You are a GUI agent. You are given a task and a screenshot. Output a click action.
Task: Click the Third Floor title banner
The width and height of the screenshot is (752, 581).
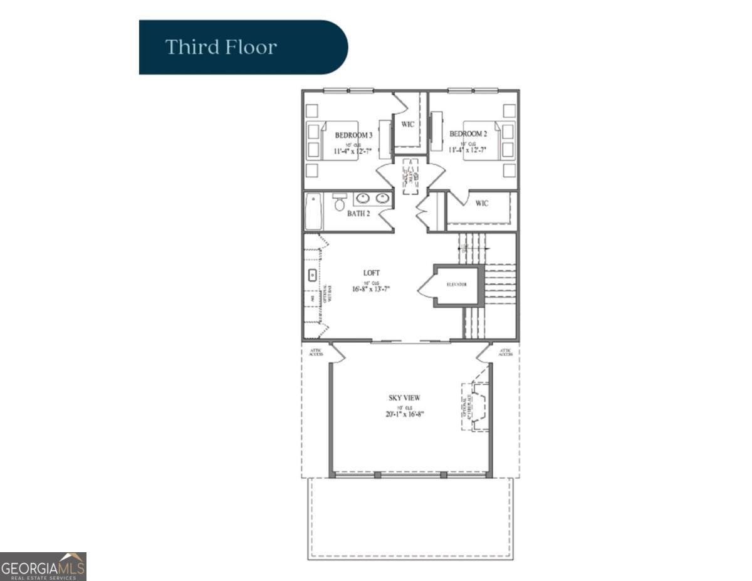tap(243, 47)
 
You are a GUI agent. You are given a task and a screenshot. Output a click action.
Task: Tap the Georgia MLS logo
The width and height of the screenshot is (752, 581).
tap(43, 567)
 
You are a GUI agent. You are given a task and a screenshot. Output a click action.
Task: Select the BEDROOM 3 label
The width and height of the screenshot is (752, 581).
tap(353, 135)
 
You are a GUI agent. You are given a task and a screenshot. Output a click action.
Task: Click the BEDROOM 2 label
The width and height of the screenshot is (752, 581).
tap(467, 133)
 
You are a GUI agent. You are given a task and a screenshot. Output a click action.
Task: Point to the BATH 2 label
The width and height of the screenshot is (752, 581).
tap(359, 214)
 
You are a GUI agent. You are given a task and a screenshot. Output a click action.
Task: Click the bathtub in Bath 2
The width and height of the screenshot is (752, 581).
tap(313, 211)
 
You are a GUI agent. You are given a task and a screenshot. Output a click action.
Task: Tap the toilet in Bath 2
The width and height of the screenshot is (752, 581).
tap(340, 202)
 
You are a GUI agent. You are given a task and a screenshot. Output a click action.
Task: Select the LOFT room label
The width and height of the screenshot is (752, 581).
tap(372, 273)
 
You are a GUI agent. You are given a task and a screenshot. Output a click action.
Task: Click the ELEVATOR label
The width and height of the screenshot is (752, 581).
tap(457, 285)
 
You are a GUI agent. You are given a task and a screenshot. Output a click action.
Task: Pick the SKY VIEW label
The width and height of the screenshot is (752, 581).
tap(404, 397)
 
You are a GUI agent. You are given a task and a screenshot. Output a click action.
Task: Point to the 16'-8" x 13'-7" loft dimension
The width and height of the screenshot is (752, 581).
tap(372, 289)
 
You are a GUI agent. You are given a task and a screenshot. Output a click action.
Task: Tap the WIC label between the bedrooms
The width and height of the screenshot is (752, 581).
tap(408, 124)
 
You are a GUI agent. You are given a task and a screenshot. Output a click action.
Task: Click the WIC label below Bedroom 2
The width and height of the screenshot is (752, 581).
tap(481, 203)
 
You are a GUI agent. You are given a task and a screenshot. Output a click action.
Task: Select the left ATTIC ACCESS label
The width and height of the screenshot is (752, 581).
tap(316, 352)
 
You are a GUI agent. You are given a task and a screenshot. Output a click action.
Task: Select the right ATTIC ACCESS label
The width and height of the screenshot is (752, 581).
tap(505, 352)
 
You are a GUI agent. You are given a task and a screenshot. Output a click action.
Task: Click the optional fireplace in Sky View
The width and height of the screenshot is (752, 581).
tap(476, 407)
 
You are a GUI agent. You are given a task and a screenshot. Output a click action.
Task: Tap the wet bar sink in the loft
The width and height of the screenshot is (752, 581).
tap(311, 275)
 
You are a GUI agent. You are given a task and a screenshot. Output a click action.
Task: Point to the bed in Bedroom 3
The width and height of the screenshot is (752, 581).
tap(339, 140)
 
